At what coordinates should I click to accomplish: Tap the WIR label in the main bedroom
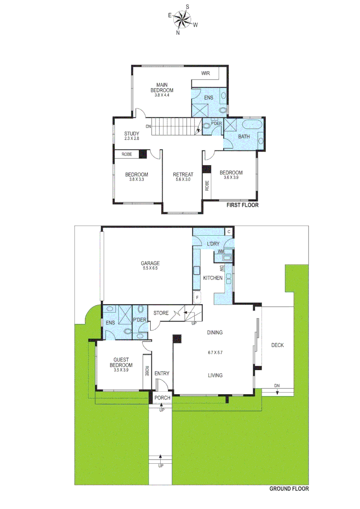coord(205,74)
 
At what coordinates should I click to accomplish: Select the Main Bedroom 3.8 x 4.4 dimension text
coord(162,95)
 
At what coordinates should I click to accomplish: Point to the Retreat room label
coord(183,174)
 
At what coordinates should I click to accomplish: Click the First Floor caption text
coord(242,205)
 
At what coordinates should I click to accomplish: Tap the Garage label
coord(150,263)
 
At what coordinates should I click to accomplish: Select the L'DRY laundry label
coord(214,243)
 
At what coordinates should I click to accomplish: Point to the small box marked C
coord(229,231)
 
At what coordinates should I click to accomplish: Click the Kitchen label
coord(213,278)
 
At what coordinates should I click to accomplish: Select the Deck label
coord(278,345)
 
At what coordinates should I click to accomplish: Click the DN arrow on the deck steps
coord(278,388)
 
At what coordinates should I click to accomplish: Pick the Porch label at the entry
coord(162,398)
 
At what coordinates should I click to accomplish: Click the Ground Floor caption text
coord(289,489)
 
